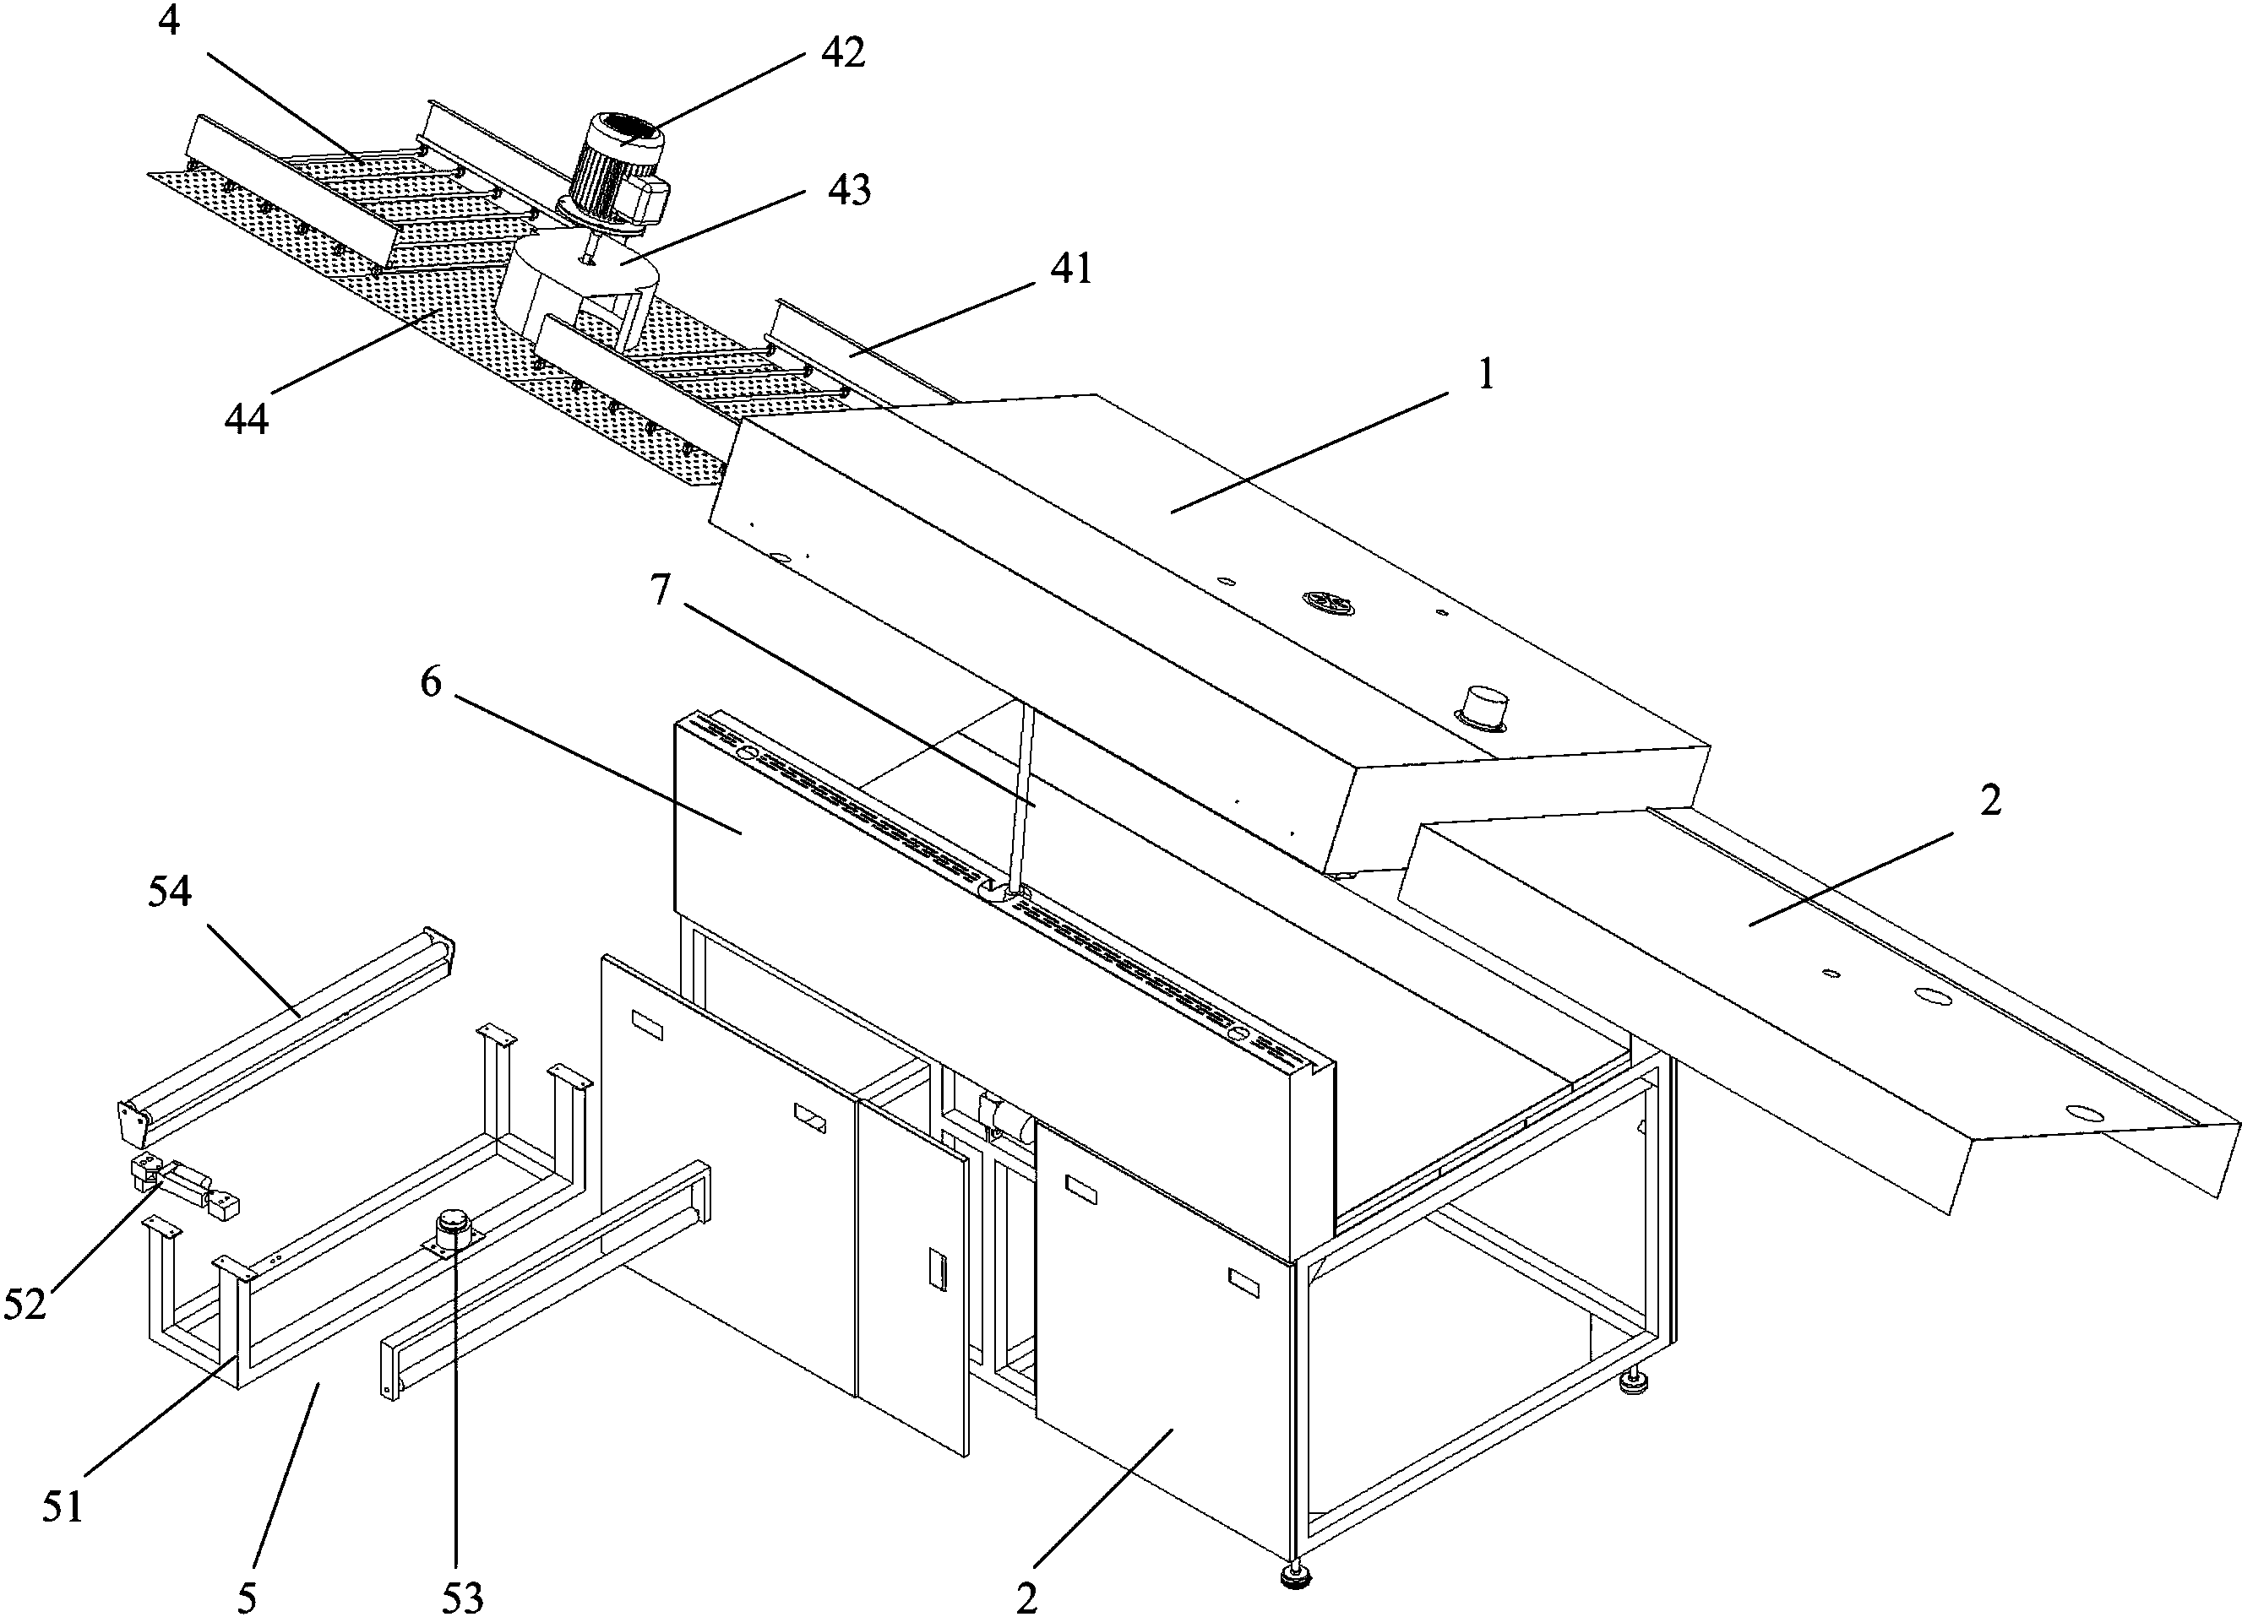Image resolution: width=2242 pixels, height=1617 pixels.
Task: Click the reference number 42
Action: pos(842,52)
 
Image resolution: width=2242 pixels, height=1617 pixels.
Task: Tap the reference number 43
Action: pos(848,189)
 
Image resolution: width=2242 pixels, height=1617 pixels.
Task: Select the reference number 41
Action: pos(1070,268)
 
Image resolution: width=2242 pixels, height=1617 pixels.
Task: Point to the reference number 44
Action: pos(246,420)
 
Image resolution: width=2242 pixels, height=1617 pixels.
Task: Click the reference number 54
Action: pos(169,893)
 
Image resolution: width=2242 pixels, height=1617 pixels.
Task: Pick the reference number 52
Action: pos(25,1304)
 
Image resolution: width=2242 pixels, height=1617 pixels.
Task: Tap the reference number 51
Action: pos(63,1506)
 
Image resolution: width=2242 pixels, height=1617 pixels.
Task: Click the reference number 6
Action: pos(431,682)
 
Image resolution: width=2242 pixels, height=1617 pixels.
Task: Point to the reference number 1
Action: pos(1485,375)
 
